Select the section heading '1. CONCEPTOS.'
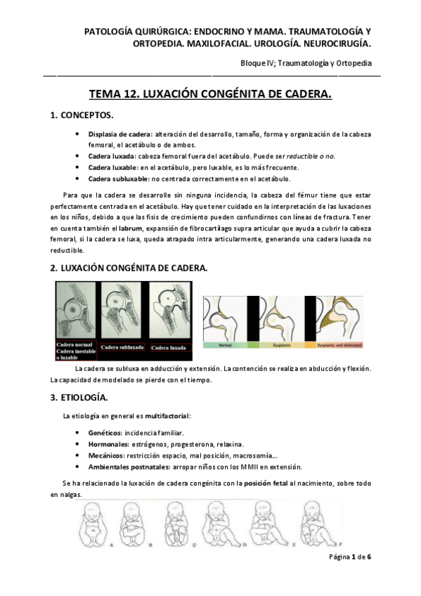(x=80, y=115)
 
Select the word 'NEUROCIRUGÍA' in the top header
(x=335, y=44)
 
